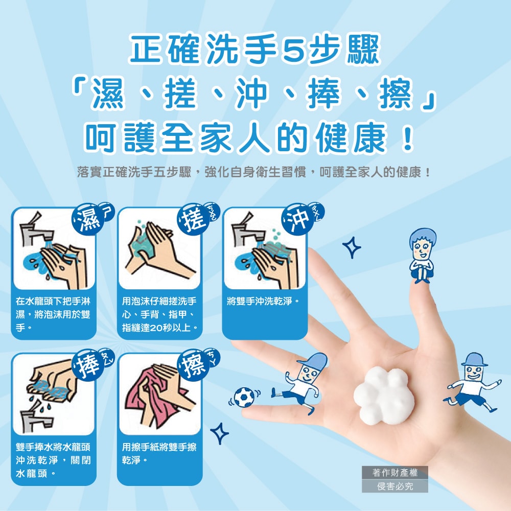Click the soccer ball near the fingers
click(244, 397)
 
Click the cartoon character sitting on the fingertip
click(423, 255)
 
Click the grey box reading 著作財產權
click(394, 473)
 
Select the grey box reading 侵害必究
click(394, 486)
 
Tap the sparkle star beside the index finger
click(352, 247)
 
